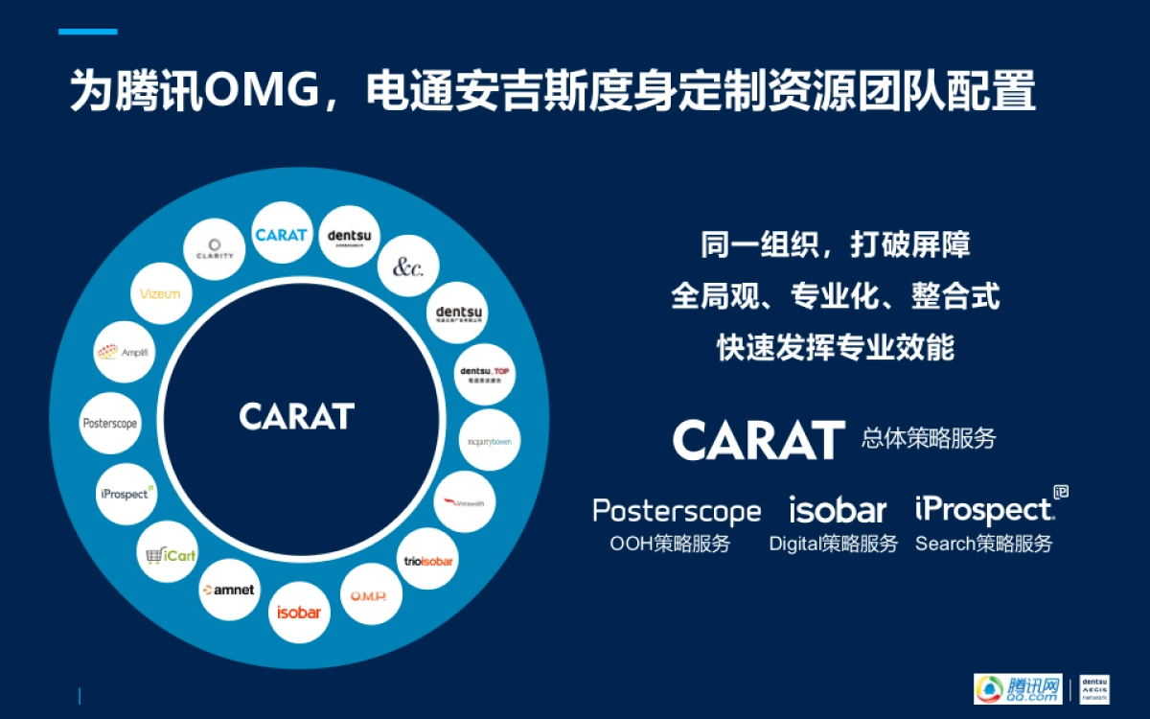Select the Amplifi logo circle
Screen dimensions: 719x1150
pyautogui.click(x=122, y=352)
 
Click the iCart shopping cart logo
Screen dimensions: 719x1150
pyautogui.click(x=167, y=554)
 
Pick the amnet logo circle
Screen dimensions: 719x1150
pyautogui.click(x=228, y=589)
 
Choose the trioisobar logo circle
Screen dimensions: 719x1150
pyautogui.click(x=427, y=559)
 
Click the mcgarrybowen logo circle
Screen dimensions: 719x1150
pyautogui.click(x=491, y=441)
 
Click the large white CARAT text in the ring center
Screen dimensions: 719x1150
pyautogui.click(x=297, y=416)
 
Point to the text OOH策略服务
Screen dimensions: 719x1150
pyautogui.click(x=670, y=544)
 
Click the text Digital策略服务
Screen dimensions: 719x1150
pyautogui.click(x=833, y=544)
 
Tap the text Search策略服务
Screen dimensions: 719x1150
pyautogui.click(x=983, y=544)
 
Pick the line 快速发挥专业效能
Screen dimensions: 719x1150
pyautogui.click(x=835, y=346)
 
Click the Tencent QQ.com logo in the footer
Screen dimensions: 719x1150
pyautogui.click(x=1018, y=688)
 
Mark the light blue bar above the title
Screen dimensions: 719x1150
pyautogui.click(x=87, y=32)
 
